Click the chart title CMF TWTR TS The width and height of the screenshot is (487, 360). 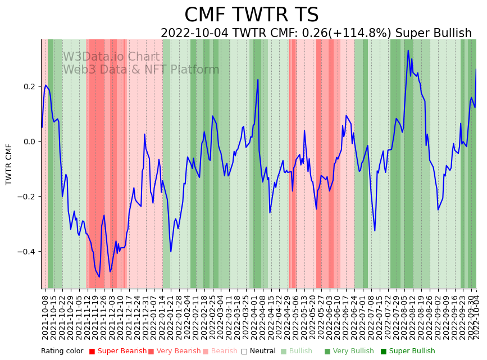click(x=251, y=15)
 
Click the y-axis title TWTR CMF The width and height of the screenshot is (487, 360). click(x=9, y=164)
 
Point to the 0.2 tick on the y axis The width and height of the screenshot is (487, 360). click(x=29, y=86)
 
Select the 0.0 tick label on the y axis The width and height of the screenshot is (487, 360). click(x=29, y=142)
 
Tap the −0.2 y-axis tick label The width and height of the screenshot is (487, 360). click(x=27, y=197)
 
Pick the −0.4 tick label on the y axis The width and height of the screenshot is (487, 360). click(x=27, y=252)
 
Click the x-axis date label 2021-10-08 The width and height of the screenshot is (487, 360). click(x=45, y=317)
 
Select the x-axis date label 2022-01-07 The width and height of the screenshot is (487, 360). click(x=154, y=317)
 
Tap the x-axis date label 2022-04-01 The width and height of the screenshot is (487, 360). click(x=255, y=317)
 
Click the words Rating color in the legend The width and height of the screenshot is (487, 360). click(x=62, y=352)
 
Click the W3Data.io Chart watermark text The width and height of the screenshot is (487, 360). click(x=111, y=57)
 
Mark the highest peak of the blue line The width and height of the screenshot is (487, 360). click(x=408, y=51)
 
